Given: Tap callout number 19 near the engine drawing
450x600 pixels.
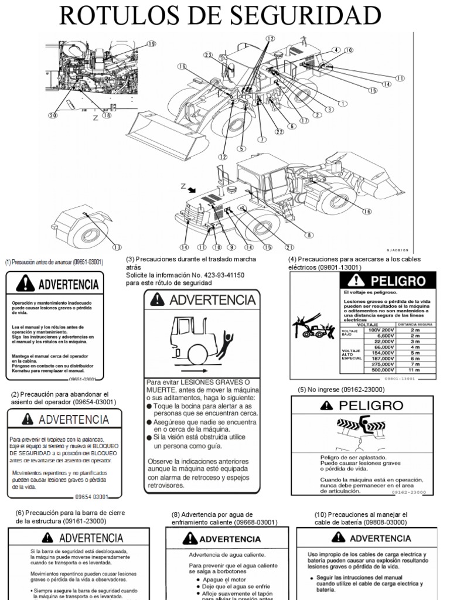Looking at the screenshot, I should tap(152, 44).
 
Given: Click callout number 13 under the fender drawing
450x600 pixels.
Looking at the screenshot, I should tap(117, 247).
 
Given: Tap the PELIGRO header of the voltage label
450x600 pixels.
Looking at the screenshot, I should tap(388, 282).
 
